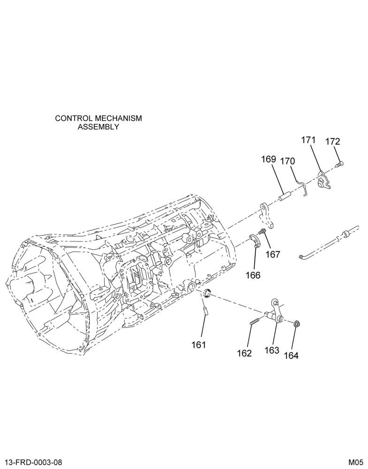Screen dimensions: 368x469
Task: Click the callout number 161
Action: coord(199,345)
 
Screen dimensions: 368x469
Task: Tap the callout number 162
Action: coord(245,353)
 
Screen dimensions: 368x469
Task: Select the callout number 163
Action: coord(272,350)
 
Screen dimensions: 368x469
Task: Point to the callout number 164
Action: coord(291,356)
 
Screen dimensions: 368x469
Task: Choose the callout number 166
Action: coord(253,275)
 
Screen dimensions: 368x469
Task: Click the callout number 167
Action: coord(273,255)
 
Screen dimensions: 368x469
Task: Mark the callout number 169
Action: coord(268,159)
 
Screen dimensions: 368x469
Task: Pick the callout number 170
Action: coord(287,161)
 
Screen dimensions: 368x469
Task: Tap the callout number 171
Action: coord(308,140)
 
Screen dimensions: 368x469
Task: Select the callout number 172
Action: coord(333,141)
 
